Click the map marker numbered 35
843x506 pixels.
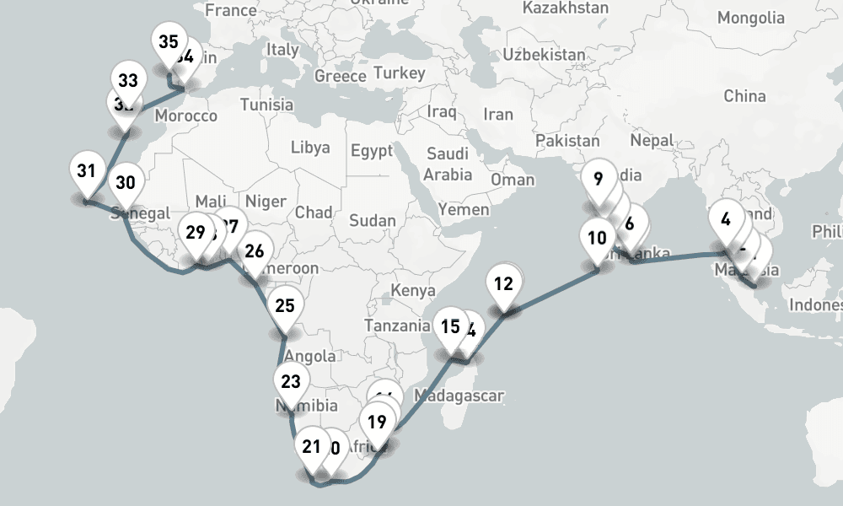(x=168, y=42)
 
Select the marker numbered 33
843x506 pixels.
(x=128, y=82)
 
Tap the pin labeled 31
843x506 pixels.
(x=85, y=171)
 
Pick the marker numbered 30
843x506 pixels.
(x=125, y=183)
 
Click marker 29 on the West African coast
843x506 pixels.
(x=196, y=233)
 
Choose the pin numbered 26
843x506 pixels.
(x=254, y=250)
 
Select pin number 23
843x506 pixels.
(x=290, y=382)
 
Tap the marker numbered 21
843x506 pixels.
(x=312, y=448)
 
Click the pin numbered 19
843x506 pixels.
(x=377, y=423)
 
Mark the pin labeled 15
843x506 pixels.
(x=450, y=327)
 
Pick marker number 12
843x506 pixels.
(x=503, y=284)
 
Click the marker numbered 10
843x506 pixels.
(x=597, y=238)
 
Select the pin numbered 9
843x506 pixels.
(x=598, y=179)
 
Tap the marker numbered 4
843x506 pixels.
(x=725, y=218)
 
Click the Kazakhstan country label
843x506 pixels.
(x=565, y=8)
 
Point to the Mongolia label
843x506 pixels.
(x=750, y=18)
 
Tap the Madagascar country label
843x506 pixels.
(x=459, y=395)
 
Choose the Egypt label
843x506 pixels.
(x=372, y=152)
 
